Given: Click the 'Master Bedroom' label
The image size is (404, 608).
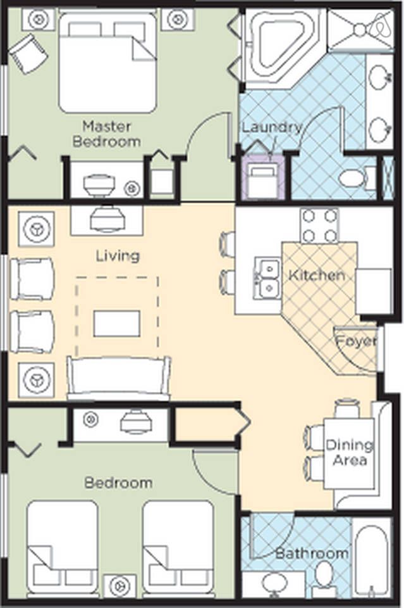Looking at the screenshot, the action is click(x=106, y=134).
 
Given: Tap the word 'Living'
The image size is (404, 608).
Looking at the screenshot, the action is click(x=118, y=256).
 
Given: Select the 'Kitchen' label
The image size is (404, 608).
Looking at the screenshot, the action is click(x=317, y=275).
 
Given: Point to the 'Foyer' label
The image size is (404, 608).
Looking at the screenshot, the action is click(x=355, y=341).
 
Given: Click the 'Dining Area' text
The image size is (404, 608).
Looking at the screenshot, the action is click(x=349, y=452).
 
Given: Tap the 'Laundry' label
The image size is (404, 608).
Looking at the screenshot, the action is click(x=272, y=127).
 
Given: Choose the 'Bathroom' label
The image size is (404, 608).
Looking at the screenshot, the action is click(x=312, y=554).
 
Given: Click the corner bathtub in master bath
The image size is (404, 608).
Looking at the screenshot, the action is click(x=284, y=47).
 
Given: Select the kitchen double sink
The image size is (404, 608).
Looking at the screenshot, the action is click(x=267, y=278).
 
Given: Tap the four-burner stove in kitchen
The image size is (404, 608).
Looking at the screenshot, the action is click(x=320, y=226).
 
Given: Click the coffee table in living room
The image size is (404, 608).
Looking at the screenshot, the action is click(x=117, y=324).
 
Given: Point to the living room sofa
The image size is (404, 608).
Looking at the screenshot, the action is click(x=119, y=378).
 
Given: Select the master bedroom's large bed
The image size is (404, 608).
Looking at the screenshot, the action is click(x=107, y=63).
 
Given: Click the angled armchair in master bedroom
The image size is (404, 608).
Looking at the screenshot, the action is click(x=28, y=53).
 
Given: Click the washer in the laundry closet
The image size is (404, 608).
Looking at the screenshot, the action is click(x=263, y=179).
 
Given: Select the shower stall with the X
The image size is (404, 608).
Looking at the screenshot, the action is click(x=360, y=28).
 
